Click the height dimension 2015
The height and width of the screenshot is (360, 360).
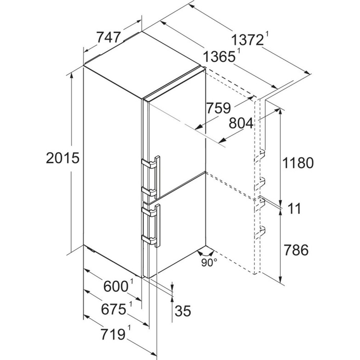point(63,158)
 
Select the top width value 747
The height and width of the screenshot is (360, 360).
point(109,37)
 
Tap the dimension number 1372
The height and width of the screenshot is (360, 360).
point(247,40)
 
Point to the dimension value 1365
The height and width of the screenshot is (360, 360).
point(219,57)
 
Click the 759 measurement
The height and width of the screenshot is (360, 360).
point(219,108)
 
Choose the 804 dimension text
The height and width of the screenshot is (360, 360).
point(241,123)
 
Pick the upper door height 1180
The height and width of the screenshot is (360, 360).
point(298,163)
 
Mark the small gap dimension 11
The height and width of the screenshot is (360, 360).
point(294,209)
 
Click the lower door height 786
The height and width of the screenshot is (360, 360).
point(296,250)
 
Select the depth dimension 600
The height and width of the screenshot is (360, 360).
point(116,286)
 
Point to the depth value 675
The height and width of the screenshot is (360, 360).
point(114,309)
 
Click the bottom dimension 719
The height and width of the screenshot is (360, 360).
point(113,334)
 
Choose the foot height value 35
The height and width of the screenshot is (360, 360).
point(183,311)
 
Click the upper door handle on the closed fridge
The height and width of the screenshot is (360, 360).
point(151,177)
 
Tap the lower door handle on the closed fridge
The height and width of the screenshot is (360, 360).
point(151,225)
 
